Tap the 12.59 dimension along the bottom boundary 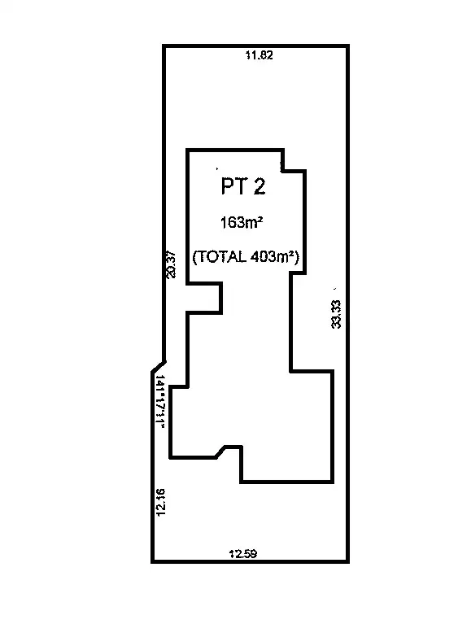[x=242, y=554]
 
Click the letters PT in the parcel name [x=233, y=187]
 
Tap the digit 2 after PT [x=259, y=187]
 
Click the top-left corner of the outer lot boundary [x=164, y=46]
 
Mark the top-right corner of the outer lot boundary [x=350, y=46]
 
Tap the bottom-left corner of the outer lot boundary [x=152, y=561]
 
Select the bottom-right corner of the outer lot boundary [x=350, y=561]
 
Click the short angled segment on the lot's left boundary [x=159, y=367]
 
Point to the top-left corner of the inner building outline [x=188, y=150]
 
